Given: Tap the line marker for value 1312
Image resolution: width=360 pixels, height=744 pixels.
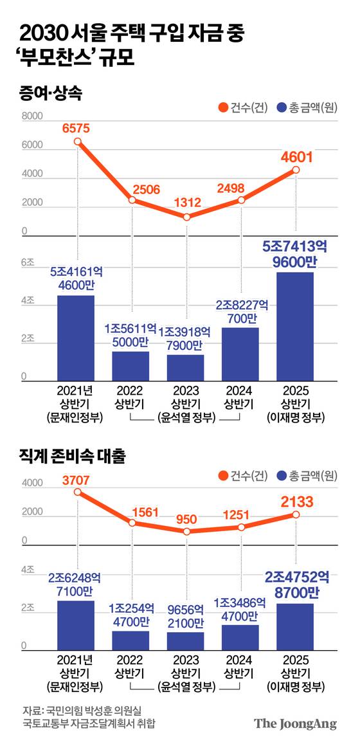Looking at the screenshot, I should tap(186, 217).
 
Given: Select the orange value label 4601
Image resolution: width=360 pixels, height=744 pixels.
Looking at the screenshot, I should tap(296, 156).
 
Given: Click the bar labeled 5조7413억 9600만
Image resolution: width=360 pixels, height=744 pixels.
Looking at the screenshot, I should tap(296, 327).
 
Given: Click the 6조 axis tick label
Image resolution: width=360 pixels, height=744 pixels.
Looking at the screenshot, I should tap(28, 262).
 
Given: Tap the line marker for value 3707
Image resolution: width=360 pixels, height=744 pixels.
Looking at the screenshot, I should tap(77, 492).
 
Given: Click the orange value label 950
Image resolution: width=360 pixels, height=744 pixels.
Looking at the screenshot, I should tap(186, 518).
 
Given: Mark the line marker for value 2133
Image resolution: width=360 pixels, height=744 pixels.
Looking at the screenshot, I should tap(296, 514).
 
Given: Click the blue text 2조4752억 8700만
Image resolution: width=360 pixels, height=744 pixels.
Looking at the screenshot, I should tap(296, 583).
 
